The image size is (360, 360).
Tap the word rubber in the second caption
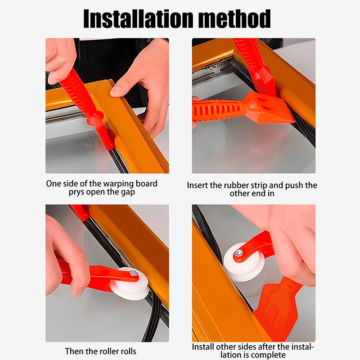point(238,185)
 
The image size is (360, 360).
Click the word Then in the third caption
point(74,351)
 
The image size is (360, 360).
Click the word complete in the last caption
point(270,355)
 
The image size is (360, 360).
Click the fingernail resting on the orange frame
point(116,90)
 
